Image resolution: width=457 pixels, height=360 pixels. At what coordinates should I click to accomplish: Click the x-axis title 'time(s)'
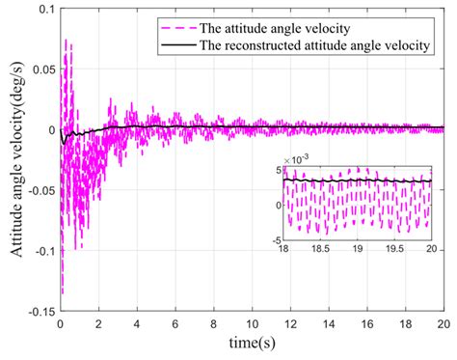[252, 345]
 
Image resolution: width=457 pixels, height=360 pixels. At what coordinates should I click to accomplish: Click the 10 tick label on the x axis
[252, 325]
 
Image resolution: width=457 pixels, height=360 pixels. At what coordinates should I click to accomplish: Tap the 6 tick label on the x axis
[175, 325]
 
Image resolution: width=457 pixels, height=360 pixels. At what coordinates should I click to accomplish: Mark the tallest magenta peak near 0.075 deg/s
[66, 41]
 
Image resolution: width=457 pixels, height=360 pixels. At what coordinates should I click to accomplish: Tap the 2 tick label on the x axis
[98, 325]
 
